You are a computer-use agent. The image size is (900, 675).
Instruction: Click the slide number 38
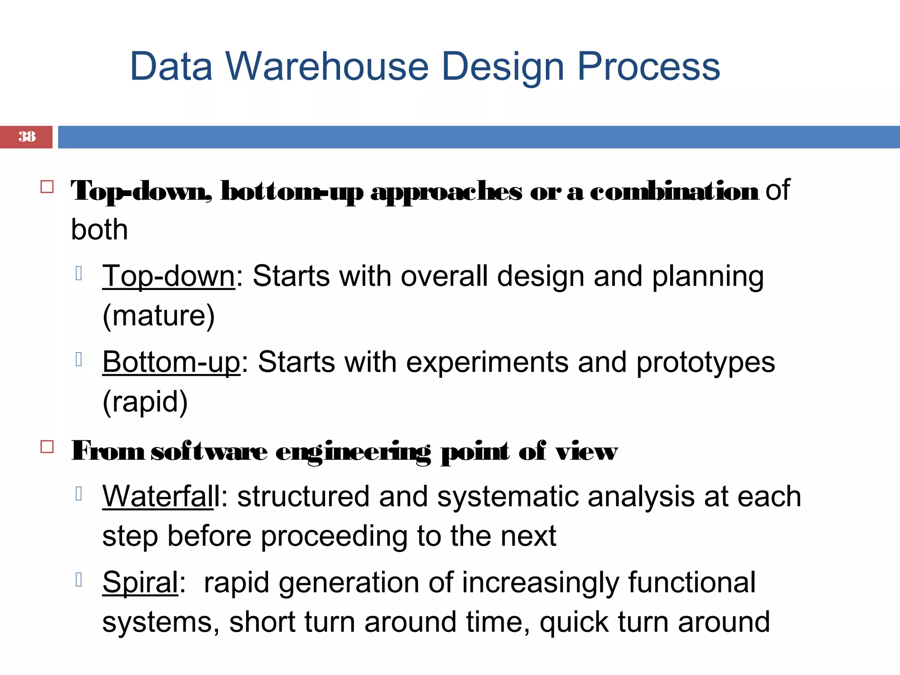27,137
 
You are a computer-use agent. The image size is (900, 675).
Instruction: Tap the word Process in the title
648,67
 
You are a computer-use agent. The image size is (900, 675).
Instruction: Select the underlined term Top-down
169,276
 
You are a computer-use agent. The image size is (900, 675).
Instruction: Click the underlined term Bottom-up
171,363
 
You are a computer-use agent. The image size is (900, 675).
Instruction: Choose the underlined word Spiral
140,583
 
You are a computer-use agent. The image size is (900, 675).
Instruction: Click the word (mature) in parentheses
159,316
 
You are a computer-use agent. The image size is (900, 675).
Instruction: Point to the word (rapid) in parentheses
145,402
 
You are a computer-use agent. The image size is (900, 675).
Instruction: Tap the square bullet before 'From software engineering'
47,447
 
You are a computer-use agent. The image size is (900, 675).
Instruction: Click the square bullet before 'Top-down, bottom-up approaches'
47,187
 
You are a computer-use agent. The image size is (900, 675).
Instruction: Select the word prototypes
705,363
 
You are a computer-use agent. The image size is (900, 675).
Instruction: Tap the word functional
692,583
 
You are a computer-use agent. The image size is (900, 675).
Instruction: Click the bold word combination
674,192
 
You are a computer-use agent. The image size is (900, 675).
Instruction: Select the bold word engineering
353,452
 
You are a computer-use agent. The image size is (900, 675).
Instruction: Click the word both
100,229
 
